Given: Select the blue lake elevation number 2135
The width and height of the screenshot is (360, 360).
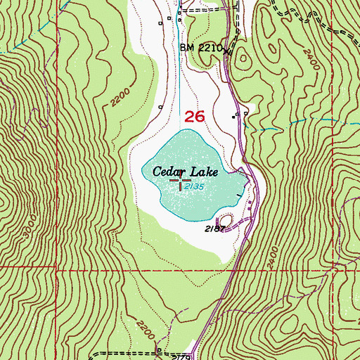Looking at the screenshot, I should coord(195,187).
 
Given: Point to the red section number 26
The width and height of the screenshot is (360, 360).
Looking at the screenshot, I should coord(193,117).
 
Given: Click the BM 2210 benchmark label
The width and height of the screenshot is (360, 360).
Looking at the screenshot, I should coord(200,48).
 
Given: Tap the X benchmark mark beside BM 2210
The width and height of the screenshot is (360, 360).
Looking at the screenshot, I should coord(226,51).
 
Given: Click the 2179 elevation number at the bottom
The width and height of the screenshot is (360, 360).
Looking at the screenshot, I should coord(180,356).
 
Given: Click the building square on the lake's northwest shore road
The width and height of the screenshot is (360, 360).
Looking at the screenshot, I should coord(161,107).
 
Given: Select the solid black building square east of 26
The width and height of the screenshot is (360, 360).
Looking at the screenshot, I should coord(236,116).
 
